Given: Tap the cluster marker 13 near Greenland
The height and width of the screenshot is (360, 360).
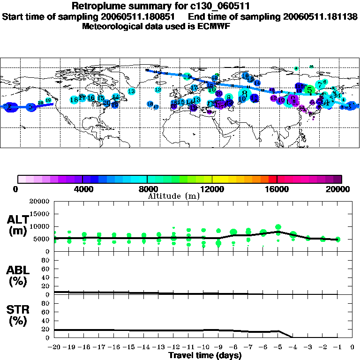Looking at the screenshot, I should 132,91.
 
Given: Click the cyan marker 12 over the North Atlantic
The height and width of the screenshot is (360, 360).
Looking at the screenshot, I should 158,89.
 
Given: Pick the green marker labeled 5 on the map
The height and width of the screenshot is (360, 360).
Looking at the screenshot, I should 309,90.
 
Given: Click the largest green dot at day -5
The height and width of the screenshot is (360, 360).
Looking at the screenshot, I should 278,227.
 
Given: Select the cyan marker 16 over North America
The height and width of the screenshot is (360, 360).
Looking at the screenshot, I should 74,99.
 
